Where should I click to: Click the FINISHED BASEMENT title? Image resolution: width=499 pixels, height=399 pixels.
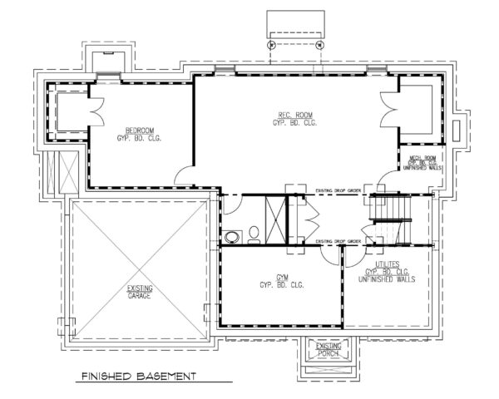tap(137, 377)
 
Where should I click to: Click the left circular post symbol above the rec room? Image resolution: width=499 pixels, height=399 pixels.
tap(272, 47)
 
